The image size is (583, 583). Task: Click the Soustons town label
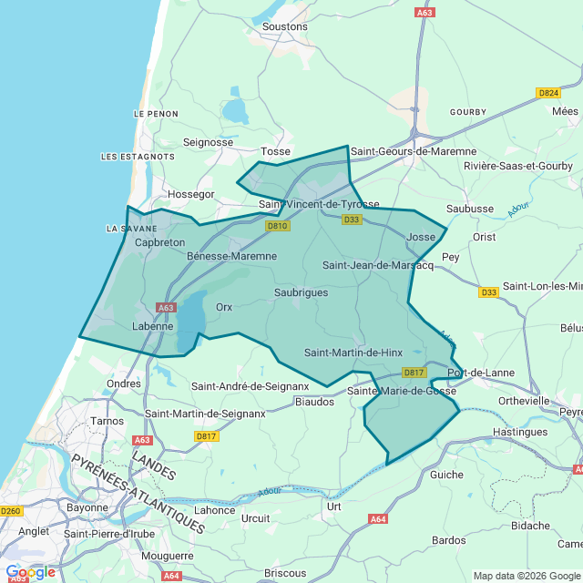[284, 26]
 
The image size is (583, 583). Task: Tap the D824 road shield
[548, 93]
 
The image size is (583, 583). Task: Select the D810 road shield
[278, 226]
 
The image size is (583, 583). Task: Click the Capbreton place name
[159, 243]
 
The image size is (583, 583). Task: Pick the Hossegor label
[190, 194]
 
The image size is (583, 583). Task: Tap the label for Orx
[224, 307]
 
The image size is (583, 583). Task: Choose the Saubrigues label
[301, 292]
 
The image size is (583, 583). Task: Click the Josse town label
[421, 237]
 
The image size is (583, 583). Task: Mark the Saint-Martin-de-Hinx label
[353, 353]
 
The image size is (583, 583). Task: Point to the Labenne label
[152, 326]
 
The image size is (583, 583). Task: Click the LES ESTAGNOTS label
[138, 157]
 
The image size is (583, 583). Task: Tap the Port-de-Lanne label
[481, 373]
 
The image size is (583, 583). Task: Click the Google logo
[30, 572]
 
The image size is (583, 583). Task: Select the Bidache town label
[531, 526]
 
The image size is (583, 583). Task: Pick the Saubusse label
[470, 209]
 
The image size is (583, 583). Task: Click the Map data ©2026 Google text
[527, 576]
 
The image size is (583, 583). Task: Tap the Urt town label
[333, 506]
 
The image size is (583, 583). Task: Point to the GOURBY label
[468, 112]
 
